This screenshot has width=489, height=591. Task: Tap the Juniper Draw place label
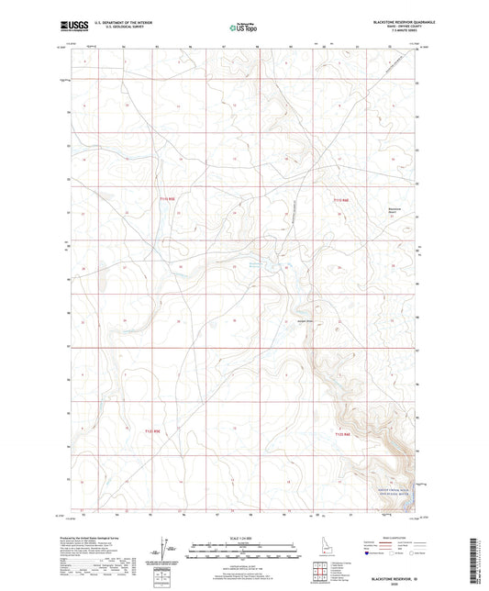coord(305,320)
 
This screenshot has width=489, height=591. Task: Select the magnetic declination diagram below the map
coord(162,550)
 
